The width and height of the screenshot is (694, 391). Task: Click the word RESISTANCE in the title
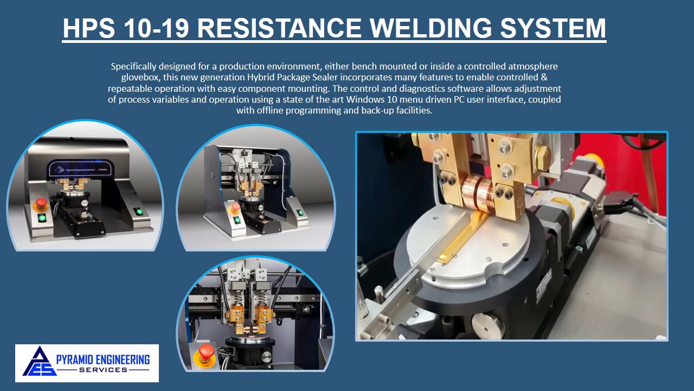(x=279, y=28)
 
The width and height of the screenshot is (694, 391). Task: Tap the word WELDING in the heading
(x=430, y=28)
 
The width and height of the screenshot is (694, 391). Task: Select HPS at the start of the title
(x=89, y=28)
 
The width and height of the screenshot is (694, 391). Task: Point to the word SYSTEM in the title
(x=553, y=28)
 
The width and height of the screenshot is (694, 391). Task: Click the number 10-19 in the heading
(x=157, y=28)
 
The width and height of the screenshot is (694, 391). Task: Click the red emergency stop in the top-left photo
(x=41, y=204)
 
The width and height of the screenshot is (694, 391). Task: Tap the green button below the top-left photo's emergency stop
(x=42, y=218)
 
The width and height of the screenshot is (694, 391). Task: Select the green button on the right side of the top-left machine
(x=139, y=212)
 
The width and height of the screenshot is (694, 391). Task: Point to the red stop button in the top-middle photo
(x=235, y=207)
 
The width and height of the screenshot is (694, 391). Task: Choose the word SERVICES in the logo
(x=103, y=370)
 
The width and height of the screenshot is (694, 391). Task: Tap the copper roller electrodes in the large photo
(x=477, y=194)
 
